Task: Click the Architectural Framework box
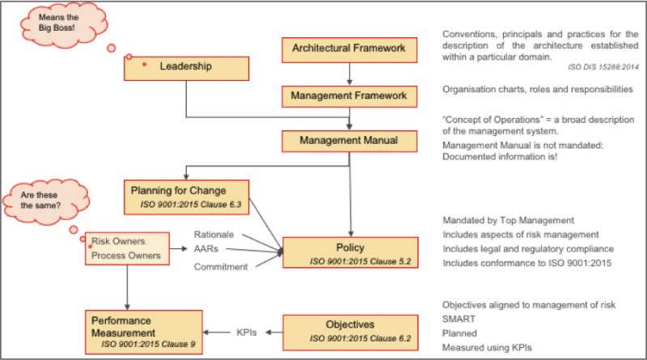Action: [x=349, y=50]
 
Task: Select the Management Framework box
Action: [x=349, y=96]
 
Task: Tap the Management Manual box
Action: [x=349, y=141]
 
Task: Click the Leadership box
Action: [x=185, y=67]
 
